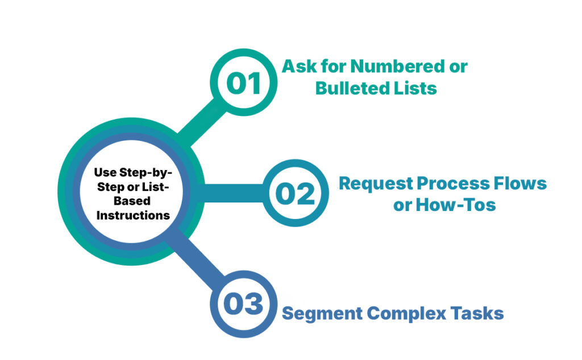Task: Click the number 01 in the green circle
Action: click(x=243, y=83)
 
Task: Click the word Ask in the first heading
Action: click(x=298, y=67)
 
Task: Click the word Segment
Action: click(x=322, y=313)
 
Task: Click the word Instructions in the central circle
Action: click(x=133, y=216)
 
